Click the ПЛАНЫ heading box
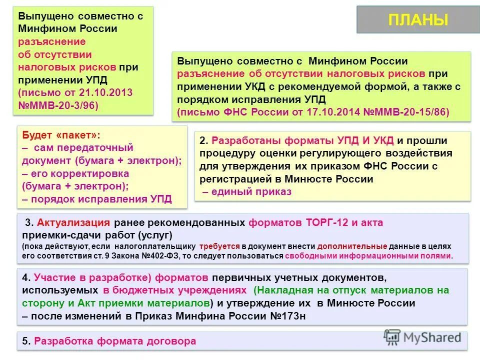click(x=417, y=20)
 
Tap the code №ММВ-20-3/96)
click(x=59, y=105)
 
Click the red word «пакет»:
click(x=75, y=135)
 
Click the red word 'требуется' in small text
click(x=219, y=246)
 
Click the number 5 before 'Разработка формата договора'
click(x=25, y=341)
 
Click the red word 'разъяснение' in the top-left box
click(x=52, y=41)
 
